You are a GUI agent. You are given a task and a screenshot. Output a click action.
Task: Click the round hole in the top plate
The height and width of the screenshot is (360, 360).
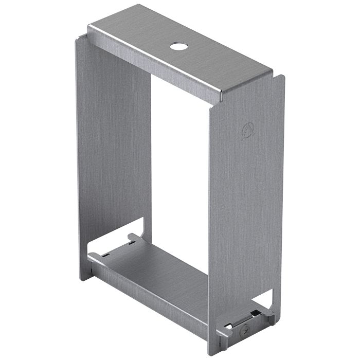point(178,46)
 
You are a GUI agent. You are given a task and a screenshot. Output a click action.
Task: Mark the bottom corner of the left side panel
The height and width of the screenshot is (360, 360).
point(82,280)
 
